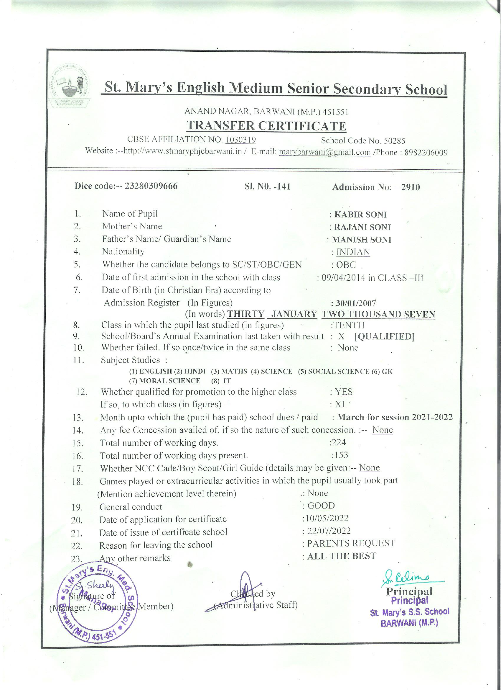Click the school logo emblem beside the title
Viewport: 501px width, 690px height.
tap(70, 85)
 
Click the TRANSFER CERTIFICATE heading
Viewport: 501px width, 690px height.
tap(266, 126)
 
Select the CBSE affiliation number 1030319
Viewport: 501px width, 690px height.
tap(240, 140)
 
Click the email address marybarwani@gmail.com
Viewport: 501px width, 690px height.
tap(324, 152)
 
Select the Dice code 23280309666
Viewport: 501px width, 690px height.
tap(149, 186)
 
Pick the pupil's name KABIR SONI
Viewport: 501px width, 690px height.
tap(360, 215)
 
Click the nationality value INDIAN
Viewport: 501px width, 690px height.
tap(353, 252)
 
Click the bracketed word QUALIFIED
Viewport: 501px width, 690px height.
tap(384, 336)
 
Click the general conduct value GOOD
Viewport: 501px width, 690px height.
tap(321, 506)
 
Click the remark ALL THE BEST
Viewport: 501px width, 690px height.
tap(342, 556)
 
